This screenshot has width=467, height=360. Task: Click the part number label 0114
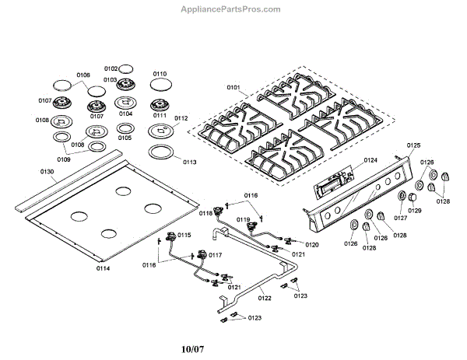tap(104, 268)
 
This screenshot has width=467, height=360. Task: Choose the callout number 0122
tap(265, 298)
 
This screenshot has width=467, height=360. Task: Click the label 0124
tap(370, 160)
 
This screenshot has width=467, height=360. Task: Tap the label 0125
tap(413, 145)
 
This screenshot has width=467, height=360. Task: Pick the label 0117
tap(216, 255)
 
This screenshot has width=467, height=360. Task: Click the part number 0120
tap(312, 244)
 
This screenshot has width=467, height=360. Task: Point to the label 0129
tap(414, 211)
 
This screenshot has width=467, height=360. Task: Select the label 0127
tap(400, 218)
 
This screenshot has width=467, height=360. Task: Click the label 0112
tap(181, 118)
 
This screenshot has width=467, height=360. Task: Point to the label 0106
tap(83, 75)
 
